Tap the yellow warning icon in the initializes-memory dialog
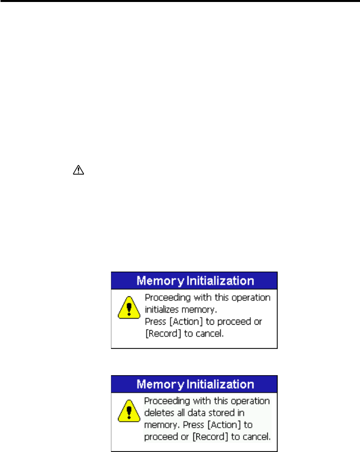[128, 310]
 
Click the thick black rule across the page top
[180, 2]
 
